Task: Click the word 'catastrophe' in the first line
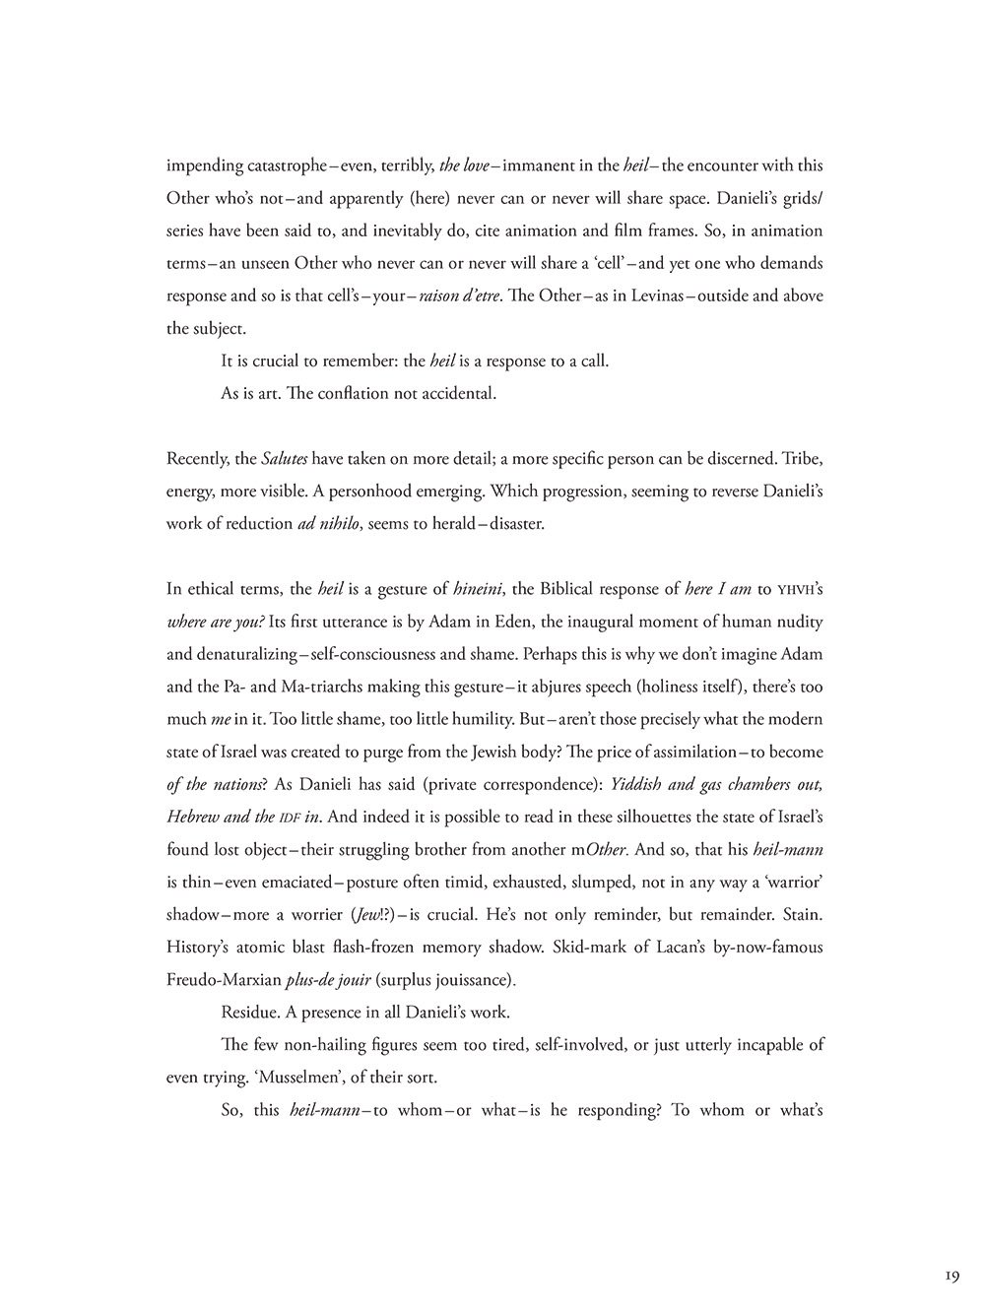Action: pos(283,165)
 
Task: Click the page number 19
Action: pos(951,1276)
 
